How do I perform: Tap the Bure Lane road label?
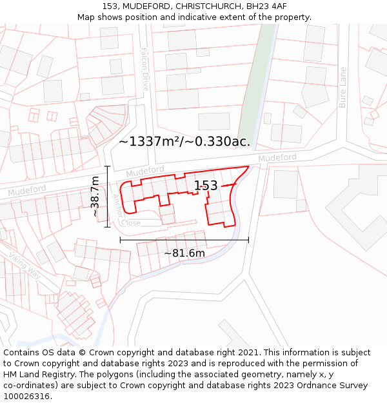342,87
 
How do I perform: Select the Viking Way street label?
25,265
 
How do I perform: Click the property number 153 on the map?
206,186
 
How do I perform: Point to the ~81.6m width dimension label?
184,253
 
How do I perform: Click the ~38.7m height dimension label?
95,196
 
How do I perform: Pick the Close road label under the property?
131,223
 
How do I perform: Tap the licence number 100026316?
28,396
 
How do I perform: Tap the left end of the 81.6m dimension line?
120,241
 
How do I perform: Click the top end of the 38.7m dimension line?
108,166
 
